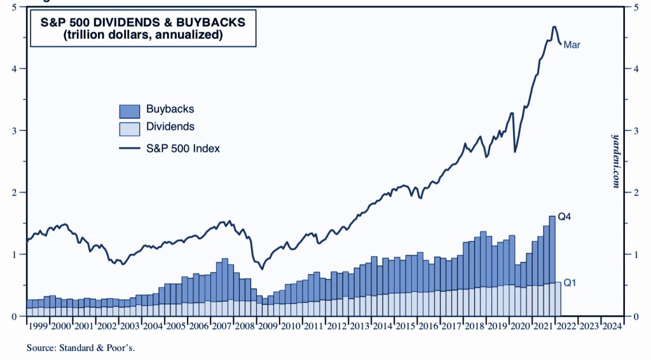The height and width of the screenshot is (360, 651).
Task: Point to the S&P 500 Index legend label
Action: click(x=183, y=148)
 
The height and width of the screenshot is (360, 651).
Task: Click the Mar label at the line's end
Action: click(x=572, y=45)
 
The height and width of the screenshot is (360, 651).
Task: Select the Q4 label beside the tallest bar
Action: click(x=565, y=216)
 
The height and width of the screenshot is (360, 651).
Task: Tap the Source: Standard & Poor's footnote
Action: click(x=81, y=348)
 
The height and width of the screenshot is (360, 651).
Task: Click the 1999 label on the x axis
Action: click(x=38, y=326)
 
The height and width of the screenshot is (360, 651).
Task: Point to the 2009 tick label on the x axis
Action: click(x=268, y=326)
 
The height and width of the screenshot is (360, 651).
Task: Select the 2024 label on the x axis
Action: click(x=612, y=326)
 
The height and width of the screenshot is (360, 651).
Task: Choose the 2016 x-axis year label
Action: click(x=428, y=326)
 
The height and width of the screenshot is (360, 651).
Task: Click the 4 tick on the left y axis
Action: click(x=13, y=68)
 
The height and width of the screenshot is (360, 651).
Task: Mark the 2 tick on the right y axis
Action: click(x=629, y=192)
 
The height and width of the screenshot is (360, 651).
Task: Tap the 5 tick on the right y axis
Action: click(x=629, y=7)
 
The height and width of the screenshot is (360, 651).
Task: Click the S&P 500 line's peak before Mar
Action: click(x=554, y=27)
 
